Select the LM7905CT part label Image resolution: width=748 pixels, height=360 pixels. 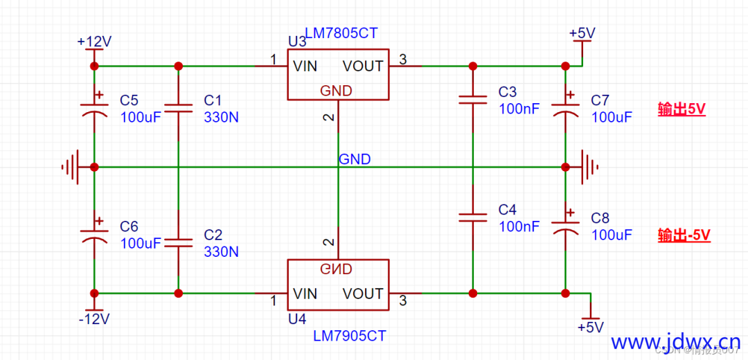tap(350, 336)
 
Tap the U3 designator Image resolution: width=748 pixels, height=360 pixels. tap(297, 42)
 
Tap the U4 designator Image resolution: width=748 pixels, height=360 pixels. tap(297, 319)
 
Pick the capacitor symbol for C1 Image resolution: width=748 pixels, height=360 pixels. tap(178, 107)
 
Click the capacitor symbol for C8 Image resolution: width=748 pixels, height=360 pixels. tap(565, 225)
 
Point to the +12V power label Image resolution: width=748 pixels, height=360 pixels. tap(94, 42)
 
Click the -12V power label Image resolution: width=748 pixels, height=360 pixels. tap(94, 319)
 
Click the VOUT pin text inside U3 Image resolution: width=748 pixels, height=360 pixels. tap(363, 66)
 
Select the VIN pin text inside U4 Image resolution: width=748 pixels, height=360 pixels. tap(305, 294)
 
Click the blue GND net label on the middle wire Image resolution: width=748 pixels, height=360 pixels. tap(355, 159)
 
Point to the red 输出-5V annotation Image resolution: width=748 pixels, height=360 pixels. tap(684, 235)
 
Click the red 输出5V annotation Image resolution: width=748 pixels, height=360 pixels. tap(682, 109)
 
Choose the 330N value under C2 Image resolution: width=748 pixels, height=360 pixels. tap(221, 252)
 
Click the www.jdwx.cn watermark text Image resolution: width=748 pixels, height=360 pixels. tap(675, 342)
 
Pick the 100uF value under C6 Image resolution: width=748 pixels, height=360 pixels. tap(141, 244)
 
